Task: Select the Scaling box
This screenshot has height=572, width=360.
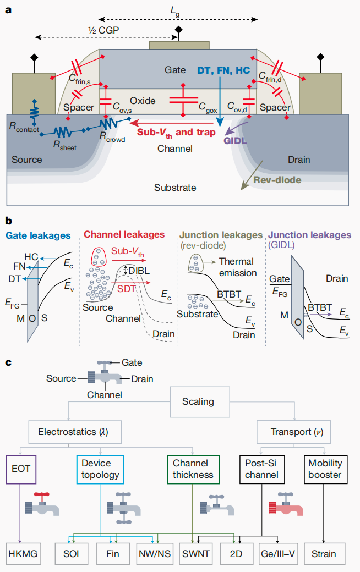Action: click(198, 402)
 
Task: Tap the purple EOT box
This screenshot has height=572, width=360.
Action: click(21, 469)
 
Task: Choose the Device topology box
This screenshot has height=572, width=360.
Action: click(101, 469)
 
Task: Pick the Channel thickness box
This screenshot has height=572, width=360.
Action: click(193, 469)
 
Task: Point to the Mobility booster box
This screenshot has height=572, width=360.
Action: click(325, 469)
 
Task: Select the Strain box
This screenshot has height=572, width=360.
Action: click(325, 553)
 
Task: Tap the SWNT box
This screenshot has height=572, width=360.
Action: click(196, 553)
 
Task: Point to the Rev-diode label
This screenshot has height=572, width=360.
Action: click(275, 179)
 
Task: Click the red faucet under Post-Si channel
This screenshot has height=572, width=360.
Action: click(285, 506)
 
